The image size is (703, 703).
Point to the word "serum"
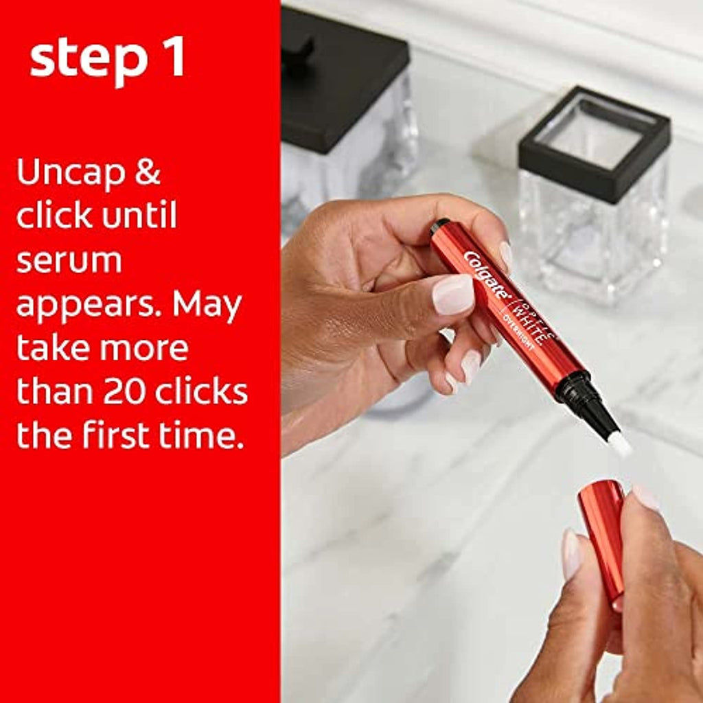[69, 262]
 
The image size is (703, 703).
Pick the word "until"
[139, 214]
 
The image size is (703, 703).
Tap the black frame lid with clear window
[595, 139]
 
